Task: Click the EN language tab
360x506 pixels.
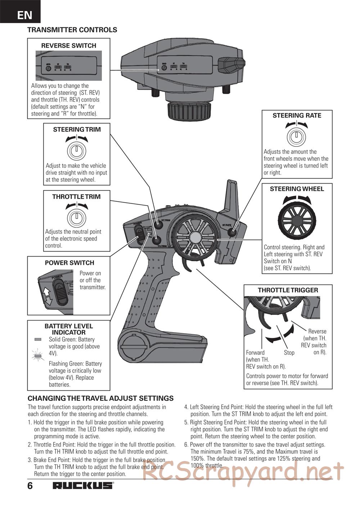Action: (x=24, y=15)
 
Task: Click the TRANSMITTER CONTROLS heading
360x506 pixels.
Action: (x=72, y=30)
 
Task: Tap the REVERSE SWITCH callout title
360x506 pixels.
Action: (x=69, y=46)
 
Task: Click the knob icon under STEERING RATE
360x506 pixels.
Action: (x=296, y=137)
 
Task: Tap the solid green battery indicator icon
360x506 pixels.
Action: (x=38, y=339)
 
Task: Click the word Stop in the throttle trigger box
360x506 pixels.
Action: (x=289, y=353)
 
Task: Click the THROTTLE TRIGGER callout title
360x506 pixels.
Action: (x=288, y=290)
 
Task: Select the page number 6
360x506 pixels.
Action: (x=30, y=486)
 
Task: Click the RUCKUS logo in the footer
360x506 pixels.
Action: (x=83, y=485)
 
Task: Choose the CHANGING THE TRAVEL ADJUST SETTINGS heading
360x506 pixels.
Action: (x=100, y=398)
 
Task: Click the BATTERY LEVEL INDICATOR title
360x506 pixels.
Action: (x=69, y=329)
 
